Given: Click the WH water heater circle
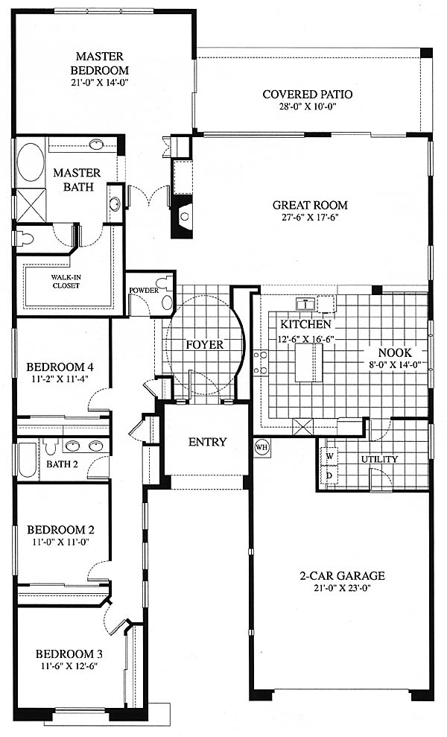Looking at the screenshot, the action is coord(261,447).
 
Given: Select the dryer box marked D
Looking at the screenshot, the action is coord(330,475).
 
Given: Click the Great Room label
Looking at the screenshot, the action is coord(310,205).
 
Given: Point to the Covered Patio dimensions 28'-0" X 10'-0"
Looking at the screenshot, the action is coord(308,107).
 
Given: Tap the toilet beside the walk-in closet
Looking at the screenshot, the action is coord(25,238).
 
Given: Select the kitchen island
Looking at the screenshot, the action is coord(308,362).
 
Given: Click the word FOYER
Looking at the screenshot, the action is coord(204,344).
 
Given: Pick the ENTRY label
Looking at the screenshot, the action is coord(207,442).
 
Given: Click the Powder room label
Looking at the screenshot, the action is coord(143,291).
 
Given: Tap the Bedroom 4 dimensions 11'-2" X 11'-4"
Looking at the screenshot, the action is coord(57,378).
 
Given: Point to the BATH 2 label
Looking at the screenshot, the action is coord(62,464).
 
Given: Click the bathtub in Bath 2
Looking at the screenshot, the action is coord(28,461).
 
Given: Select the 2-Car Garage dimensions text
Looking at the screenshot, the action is coord(342,587).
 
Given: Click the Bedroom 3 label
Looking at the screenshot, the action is coord(69,654).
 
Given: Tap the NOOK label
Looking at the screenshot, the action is coord(395,352).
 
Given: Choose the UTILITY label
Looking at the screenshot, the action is coord(379,459).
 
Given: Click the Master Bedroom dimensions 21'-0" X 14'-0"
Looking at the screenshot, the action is coord(99,83).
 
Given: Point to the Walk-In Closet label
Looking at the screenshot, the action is coord(66,281).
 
